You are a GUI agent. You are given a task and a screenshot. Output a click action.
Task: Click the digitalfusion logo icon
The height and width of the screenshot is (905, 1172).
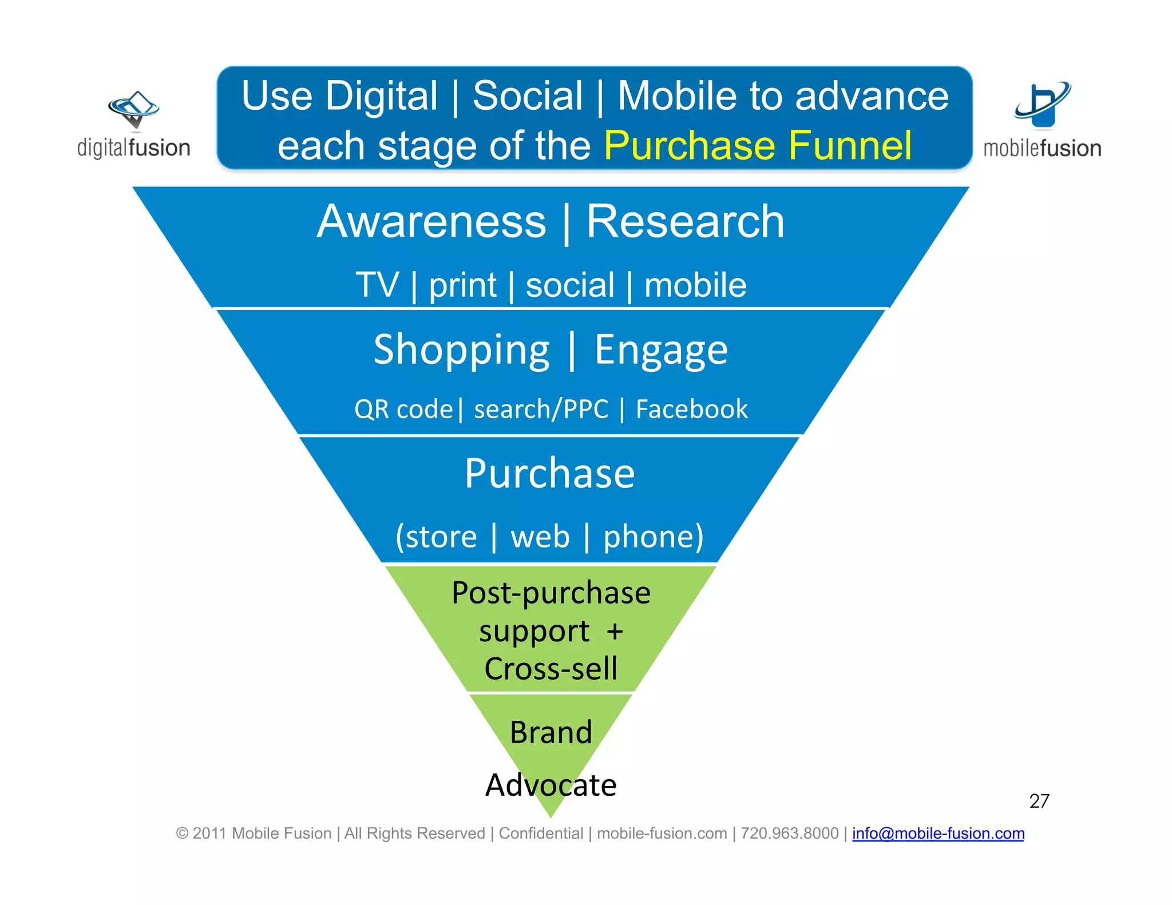(133, 109)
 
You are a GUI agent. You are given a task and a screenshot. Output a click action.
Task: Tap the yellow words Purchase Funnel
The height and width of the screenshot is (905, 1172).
(758, 145)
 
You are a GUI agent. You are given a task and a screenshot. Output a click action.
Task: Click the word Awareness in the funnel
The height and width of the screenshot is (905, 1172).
(431, 222)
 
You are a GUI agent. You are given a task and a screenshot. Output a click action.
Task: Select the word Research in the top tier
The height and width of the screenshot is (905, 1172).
(685, 222)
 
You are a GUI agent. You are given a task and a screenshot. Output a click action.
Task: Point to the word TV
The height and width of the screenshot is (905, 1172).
(377, 285)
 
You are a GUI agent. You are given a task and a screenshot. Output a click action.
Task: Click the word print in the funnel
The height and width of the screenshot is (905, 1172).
(462, 285)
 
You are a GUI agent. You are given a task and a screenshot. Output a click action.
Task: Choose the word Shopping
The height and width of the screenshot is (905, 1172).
(461, 350)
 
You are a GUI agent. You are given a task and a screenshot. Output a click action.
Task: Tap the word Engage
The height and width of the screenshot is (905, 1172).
(661, 350)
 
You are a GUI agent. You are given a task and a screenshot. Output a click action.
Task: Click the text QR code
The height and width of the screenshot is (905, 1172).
(403, 410)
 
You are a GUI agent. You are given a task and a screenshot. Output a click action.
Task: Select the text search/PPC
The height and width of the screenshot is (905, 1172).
(541, 410)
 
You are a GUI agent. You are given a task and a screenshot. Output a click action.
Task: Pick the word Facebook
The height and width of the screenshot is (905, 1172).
(691, 410)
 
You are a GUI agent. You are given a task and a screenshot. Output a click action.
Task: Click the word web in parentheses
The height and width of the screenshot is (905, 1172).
(540, 537)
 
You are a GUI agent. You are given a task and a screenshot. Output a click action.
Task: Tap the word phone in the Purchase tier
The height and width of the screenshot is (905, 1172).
(652, 537)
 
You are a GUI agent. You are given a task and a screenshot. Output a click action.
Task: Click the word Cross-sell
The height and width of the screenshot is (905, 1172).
(551, 669)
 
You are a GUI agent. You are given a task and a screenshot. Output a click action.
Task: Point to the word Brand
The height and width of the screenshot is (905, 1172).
(551, 732)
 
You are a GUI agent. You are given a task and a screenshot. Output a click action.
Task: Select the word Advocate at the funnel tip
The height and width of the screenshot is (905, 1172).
(551, 785)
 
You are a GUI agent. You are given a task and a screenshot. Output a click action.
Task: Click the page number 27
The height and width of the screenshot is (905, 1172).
(1039, 801)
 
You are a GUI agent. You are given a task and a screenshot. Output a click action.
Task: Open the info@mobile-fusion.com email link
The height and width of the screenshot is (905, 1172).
(938, 833)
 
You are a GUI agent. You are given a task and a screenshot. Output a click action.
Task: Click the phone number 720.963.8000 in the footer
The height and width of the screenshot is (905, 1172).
(789, 833)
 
